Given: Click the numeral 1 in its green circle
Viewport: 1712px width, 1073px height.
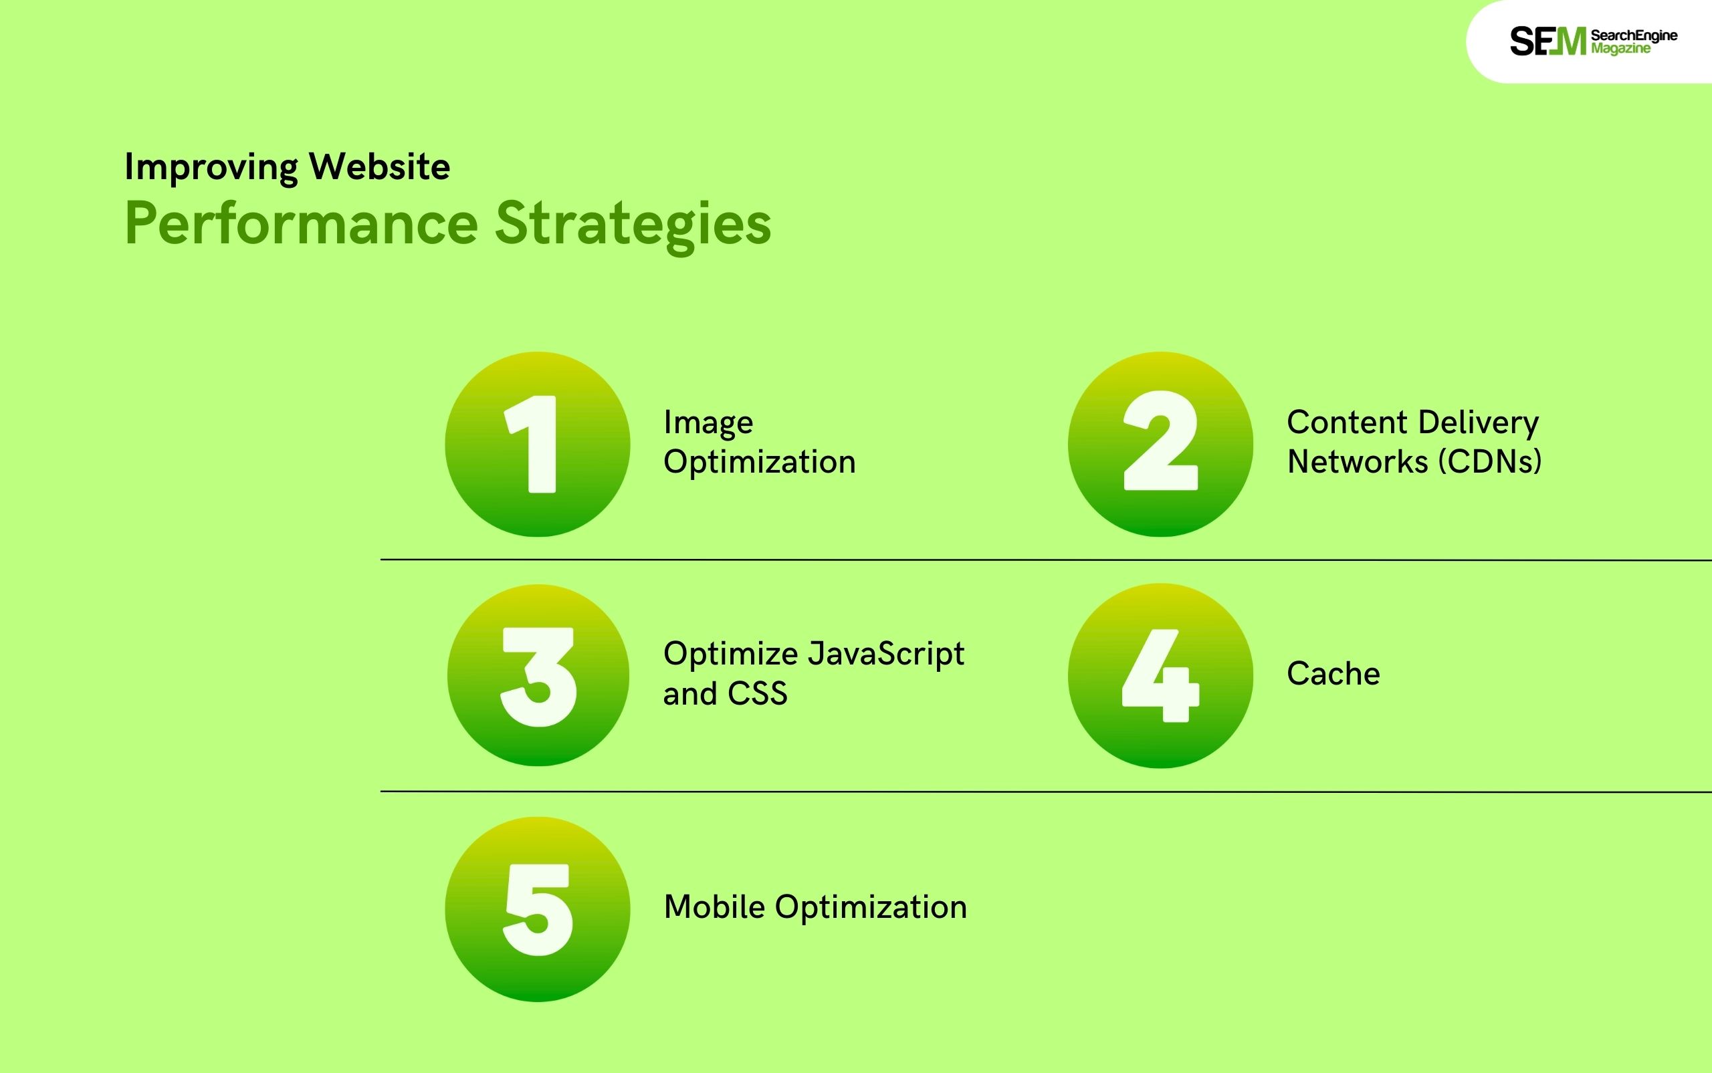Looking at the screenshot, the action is point(532,443).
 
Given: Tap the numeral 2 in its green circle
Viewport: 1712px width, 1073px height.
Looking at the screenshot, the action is point(1160,441).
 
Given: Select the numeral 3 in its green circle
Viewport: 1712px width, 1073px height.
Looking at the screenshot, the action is point(538,677).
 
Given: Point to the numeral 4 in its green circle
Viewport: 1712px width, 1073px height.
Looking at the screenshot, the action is point(1160,676).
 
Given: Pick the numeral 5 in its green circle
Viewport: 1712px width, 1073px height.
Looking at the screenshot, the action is point(537,909).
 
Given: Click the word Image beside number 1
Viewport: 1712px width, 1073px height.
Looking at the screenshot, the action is point(708,424).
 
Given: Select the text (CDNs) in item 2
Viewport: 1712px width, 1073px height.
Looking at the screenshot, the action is point(1490,462).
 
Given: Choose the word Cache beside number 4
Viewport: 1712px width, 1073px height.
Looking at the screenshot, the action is point(1333,673).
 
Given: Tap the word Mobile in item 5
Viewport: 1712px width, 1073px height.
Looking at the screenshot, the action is point(715,907).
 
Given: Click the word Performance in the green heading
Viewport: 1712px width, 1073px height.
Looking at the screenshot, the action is point(302,224).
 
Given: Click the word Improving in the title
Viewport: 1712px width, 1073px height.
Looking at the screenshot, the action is point(211,168).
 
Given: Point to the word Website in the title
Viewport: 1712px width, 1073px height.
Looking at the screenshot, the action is point(379,166).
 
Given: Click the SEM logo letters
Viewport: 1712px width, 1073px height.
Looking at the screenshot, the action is point(1547,41).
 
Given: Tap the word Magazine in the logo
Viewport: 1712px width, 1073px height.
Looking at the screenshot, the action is point(1620,49).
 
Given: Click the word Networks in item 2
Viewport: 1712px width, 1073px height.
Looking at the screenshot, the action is point(1357,462).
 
